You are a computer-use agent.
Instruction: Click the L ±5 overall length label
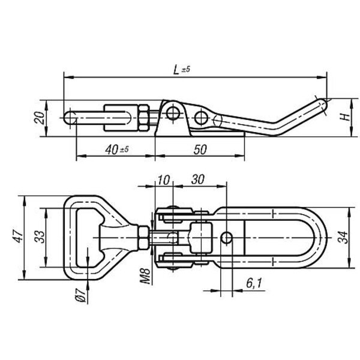coord(182,70)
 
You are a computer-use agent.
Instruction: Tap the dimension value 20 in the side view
coord(39,118)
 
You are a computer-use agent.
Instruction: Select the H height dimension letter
coord(345,117)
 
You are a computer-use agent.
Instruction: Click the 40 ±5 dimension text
coord(117,149)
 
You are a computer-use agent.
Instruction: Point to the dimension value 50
coord(200,149)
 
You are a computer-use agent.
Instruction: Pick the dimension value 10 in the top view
coord(164,180)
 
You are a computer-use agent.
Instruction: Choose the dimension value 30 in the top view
coord(197,179)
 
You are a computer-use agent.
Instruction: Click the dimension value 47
coord(18,236)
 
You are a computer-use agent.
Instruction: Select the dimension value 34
coord(343,237)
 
